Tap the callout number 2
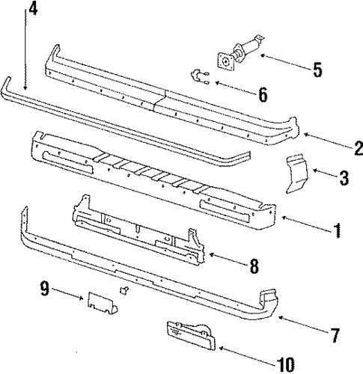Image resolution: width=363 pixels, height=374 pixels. tap(338, 147)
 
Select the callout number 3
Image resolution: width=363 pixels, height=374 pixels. tap(344, 178)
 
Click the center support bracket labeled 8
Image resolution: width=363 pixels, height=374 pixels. tap(138, 228)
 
